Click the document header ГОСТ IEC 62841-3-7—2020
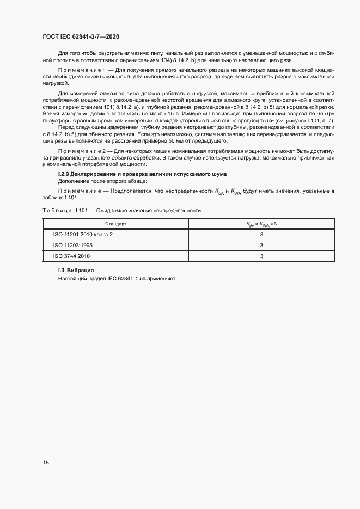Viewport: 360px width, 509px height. (x=81, y=36)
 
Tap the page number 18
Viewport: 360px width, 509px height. (x=46, y=462)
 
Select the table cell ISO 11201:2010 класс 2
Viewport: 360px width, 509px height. (x=83, y=234)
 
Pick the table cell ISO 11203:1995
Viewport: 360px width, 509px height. (x=74, y=245)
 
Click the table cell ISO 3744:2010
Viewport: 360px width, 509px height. (x=72, y=256)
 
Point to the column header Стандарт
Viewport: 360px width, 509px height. (x=115, y=224)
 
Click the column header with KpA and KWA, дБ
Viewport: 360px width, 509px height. (x=261, y=224)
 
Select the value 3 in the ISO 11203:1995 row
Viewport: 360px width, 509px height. (x=261, y=245)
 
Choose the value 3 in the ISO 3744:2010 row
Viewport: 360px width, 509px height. (x=261, y=256)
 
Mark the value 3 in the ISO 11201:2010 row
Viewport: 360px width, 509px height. (x=261, y=234)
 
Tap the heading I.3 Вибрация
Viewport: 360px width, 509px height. (x=76, y=271)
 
